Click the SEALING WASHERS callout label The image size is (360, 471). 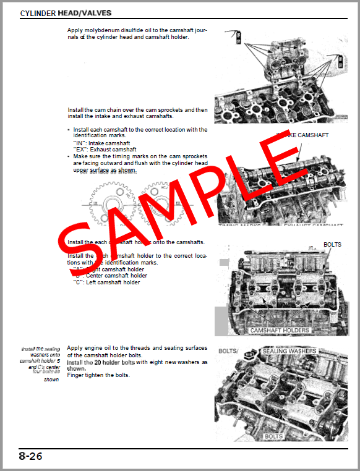[x=289, y=351]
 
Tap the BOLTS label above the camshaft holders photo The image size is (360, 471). [x=332, y=245]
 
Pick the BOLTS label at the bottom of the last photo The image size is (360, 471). [x=273, y=436]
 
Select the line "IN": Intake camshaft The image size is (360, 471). [x=101, y=143]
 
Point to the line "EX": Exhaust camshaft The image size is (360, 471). [x=105, y=150]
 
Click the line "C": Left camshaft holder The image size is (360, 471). [x=106, y=282]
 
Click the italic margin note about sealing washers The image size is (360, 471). [x=40, y=364]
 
